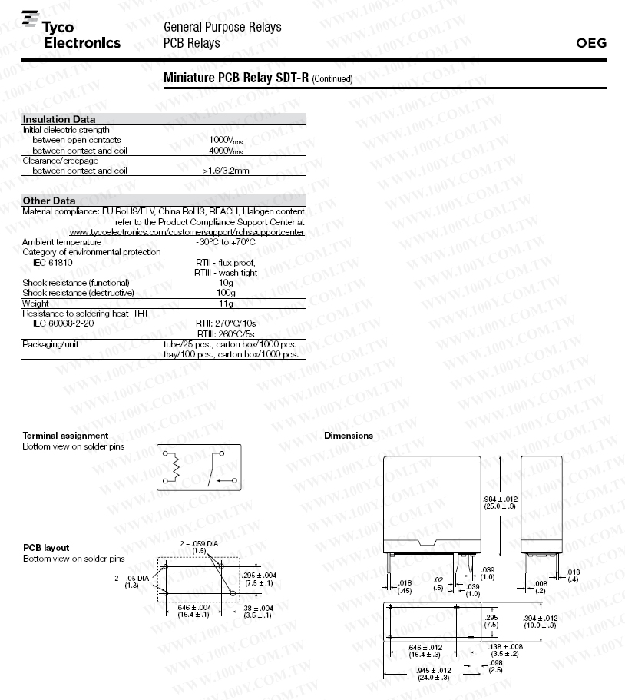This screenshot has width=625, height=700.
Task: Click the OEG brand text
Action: tap(590, 43)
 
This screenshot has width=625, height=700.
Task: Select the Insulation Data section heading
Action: tap(59, 119)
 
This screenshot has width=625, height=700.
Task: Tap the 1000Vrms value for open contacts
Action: tap(227, 140)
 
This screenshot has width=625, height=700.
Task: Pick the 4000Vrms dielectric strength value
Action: tap(227, 151)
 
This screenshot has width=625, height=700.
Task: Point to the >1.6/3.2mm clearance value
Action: tap(226, 171)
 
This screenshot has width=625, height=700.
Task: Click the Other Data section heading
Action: tap(49, 201)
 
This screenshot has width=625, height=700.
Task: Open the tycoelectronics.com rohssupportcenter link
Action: tap(187, 232)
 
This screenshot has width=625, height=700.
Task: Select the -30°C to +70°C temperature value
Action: tap(225, 242)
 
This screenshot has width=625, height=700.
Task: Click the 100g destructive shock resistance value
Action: tap(226, 293)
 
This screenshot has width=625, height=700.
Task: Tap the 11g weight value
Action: tap(226, 304)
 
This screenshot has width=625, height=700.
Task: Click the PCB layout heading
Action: tap(46, 548)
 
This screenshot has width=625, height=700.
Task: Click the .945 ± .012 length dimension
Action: tap(434, 673)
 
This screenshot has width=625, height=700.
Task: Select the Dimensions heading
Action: tap(349, 436)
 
